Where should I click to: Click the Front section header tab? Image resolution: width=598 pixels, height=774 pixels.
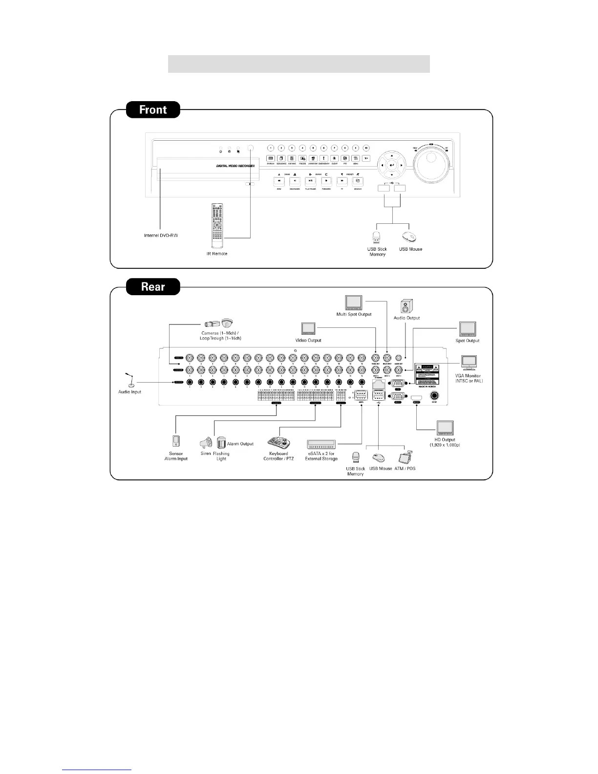point(153,110)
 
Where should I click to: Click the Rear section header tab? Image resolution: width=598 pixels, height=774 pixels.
point(153,287)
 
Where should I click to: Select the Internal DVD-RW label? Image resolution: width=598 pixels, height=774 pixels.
point(161,236)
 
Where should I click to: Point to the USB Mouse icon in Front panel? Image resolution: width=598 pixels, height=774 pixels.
point(409,237)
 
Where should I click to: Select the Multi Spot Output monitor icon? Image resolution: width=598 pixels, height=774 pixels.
point(354,303)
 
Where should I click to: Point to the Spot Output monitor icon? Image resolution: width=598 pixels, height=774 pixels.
point(467,329)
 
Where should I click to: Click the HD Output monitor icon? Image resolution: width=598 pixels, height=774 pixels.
point(445,428)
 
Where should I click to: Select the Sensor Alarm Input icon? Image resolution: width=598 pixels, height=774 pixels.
point(176,441)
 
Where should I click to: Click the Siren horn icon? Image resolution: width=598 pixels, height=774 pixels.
point(205,443)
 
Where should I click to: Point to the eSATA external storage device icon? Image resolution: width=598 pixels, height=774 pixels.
point(321,444)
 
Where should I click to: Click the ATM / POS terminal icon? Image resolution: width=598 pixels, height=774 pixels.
point(405,457)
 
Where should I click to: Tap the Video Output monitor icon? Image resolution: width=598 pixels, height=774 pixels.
point(308,328)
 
